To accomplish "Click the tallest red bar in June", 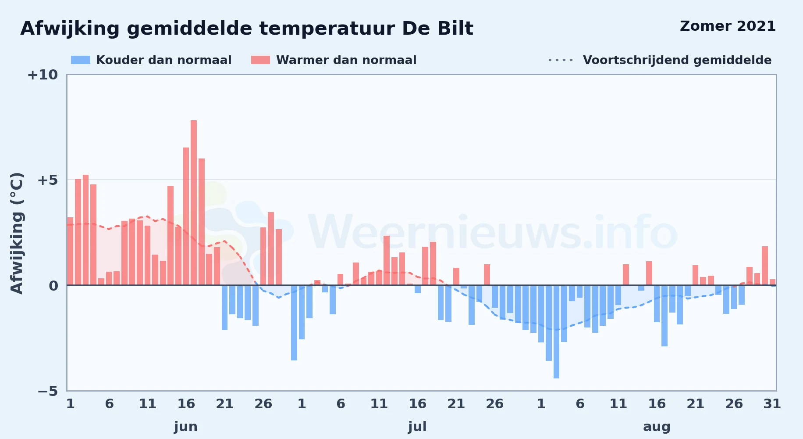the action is click(x=194, y=203).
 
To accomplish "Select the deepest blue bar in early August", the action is click(x=556, y=332).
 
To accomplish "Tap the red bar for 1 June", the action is click(x=70, y=251).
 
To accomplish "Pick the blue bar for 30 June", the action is click(x=294, y=323).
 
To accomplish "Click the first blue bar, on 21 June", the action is click(x=224, y=308).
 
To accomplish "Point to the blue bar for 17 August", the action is click(x=664, y=316).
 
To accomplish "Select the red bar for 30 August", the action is click(x=765, y=266).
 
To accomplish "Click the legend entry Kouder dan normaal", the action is click(x=151, y=60).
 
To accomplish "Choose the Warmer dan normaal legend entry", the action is click(x=334, y=60).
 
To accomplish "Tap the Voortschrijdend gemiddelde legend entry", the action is click(x=660, y=60).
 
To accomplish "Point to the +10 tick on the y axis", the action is click(x=43, y=75).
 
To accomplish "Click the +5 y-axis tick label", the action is click(x=48, y=180).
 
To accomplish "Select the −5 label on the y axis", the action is click(x=48, y=391).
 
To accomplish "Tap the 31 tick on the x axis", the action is click(x=772, y=403).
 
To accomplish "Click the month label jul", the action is click(x=417, y=427).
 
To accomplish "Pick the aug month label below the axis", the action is click(x=657, y=427).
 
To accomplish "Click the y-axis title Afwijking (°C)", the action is click(x=17, y=233).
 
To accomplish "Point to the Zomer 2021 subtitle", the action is click(x=728, y=26).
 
